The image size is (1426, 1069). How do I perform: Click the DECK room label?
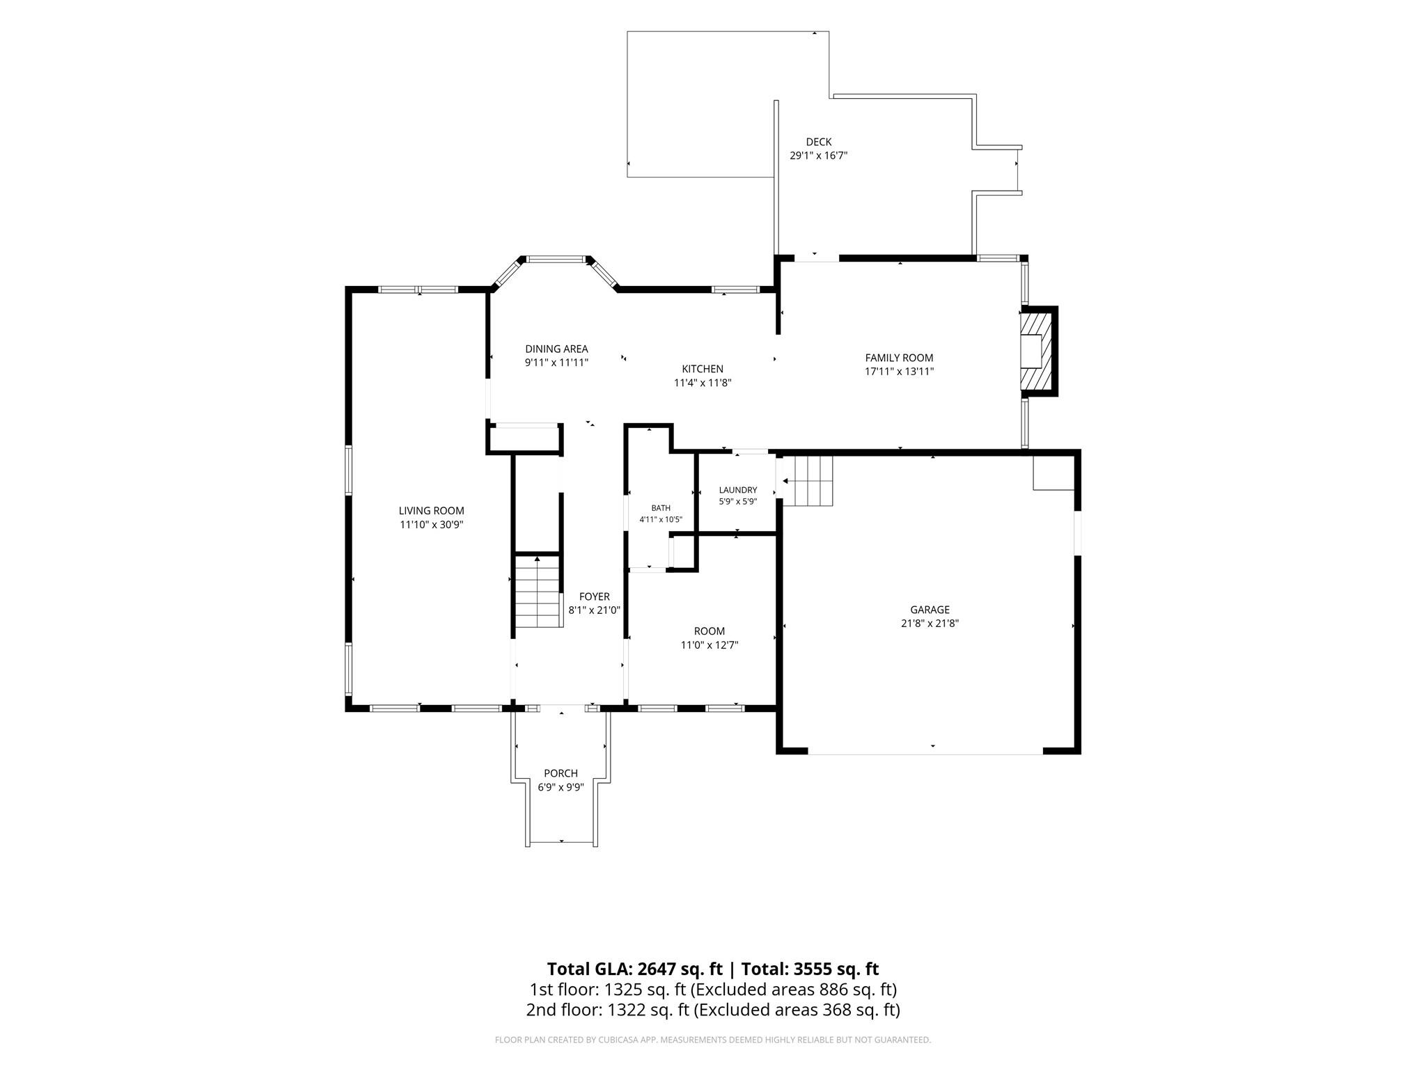818,142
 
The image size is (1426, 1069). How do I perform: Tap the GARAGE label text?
930,610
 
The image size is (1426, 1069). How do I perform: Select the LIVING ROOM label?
431,511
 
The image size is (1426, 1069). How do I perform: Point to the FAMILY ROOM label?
899,358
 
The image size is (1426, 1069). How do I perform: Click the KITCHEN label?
703,369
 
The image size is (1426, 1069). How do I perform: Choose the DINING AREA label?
556,349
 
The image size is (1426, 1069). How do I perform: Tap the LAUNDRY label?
738,490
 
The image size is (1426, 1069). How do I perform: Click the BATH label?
661,508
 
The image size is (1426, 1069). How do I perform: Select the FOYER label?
594,596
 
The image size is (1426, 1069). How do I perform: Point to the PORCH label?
561,773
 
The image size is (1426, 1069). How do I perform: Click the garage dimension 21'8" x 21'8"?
930,624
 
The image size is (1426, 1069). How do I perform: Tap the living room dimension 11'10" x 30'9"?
431,525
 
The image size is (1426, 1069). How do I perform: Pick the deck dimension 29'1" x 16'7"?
818,156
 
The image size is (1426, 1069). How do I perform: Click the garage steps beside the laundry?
808,481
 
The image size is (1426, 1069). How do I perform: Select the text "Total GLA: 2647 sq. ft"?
636,969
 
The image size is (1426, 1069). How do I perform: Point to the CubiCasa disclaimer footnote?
712,1040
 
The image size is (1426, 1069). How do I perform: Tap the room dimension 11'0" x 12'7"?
710,645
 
